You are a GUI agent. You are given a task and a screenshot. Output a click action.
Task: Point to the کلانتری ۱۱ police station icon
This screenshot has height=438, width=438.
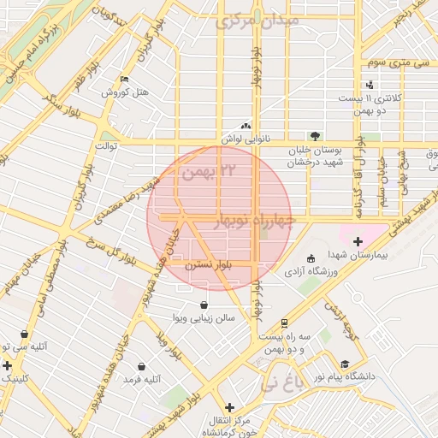369,84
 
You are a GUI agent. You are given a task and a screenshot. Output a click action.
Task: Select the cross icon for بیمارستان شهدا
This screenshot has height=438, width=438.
358,242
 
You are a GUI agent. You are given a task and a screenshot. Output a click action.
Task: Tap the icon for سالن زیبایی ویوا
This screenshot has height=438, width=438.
204,305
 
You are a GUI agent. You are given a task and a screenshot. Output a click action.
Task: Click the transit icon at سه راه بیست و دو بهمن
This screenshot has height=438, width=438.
284,323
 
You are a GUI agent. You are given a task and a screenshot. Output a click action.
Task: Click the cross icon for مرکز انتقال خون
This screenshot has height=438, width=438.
228,407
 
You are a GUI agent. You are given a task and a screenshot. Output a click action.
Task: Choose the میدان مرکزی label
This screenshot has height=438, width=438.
257,19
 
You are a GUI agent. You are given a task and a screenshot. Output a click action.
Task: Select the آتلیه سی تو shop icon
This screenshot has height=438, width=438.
23,334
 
